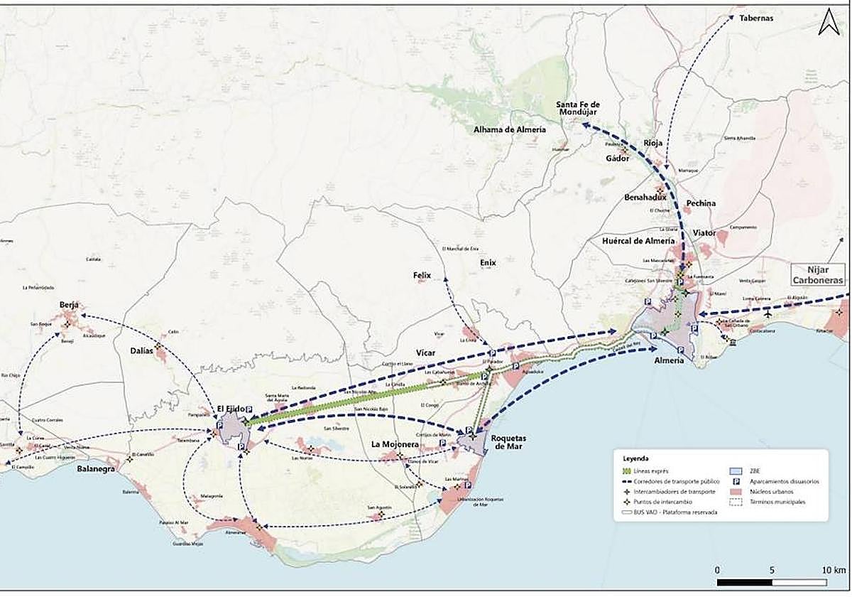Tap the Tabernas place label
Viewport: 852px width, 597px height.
pos(755,18)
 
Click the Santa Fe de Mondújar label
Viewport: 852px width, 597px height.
pos(578,109)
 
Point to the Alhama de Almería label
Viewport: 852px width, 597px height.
pos(510,129)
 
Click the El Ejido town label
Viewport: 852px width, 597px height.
pos(231,408)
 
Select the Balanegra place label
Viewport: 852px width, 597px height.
pos(96,469)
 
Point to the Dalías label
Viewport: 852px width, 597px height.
pos(143,350)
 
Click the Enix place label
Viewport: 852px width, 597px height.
pos(487,262)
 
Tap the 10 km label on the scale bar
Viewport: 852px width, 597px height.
pos(834,571)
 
